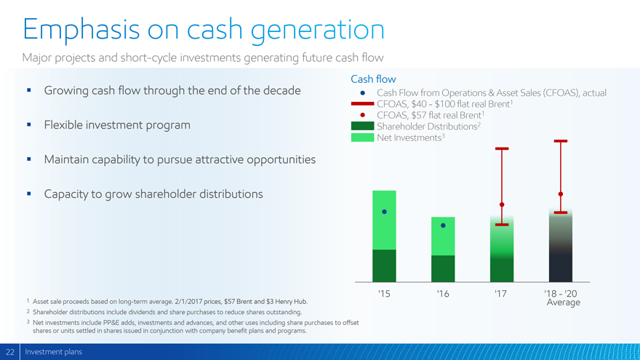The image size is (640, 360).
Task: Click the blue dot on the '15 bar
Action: [x=384, y=212]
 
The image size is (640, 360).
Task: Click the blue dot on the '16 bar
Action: [x=443, y=225]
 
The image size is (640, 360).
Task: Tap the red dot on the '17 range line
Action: [x=502, y=204]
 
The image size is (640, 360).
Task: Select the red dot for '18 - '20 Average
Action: [x=561, y=194]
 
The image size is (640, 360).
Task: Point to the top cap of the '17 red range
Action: [x=502, y=148]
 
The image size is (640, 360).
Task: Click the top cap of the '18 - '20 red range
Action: [x=561, y=141]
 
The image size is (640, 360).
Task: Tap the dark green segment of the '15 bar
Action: [x=384, y=265]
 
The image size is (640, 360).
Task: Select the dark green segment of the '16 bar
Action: [x=443, y=268]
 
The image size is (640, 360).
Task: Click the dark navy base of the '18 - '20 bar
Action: [x=561, y=268]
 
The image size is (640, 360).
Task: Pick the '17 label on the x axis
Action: [x=500, y=294]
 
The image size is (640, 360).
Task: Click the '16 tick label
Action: [x=442, y=294]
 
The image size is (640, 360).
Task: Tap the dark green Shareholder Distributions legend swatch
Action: [x=362, y=126]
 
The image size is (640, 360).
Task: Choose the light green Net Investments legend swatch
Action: [x=362, y=137]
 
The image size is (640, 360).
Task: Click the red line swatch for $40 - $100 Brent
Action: [x=362, y=104]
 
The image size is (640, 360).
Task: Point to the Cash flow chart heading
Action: [x=373, y=79]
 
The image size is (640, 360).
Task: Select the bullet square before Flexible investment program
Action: [x=29, y=124]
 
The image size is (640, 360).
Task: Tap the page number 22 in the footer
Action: [x=9, y=352]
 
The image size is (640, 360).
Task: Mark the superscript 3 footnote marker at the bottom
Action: [x=28, y=322]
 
